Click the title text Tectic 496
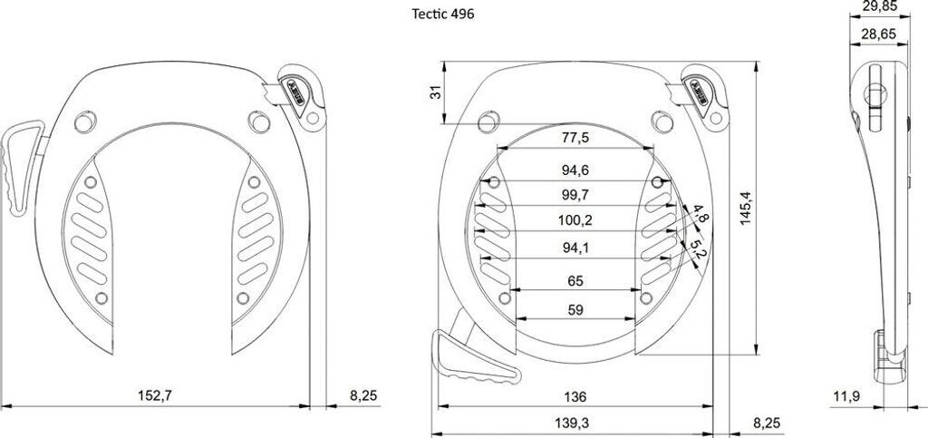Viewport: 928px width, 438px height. click(442, 14)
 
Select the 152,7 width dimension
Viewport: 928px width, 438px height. click(155, 395)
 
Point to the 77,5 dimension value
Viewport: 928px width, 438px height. click(575, 138)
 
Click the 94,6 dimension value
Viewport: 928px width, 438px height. click(575, 170)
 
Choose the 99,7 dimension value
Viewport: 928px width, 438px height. click(575, 195)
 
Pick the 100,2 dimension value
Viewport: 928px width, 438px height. click(575, 219)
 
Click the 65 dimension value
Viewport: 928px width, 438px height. click(575, 281)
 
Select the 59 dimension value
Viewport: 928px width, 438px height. click(575, 310)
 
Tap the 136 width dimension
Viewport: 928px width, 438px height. click(575, 396)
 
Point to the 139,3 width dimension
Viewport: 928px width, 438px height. click(575, 422)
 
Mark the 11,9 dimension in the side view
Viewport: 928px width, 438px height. click(846, 395)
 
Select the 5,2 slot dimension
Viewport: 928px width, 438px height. click(697, 248)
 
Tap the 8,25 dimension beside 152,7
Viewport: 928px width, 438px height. click(362, 395)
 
